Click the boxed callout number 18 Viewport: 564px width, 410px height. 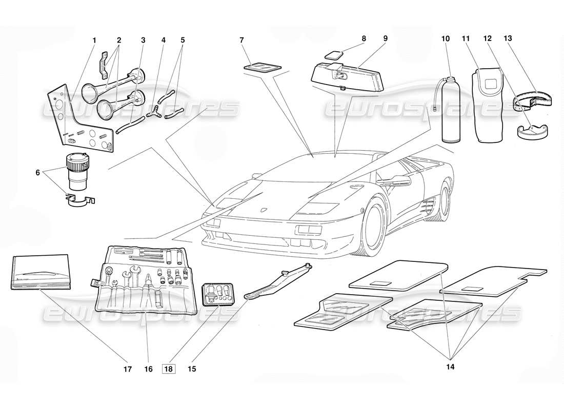tap(168, 368)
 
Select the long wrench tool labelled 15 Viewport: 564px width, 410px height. tap(279, 279)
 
